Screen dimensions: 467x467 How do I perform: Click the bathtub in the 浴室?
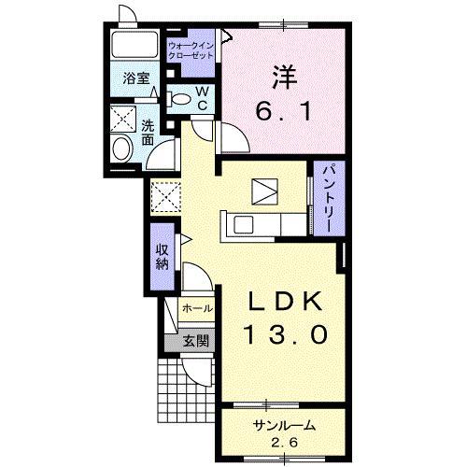(x=134, y=44)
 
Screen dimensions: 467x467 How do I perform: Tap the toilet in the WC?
(x=178, y=99)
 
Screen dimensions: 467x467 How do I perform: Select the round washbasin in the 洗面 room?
(x=122, y=149)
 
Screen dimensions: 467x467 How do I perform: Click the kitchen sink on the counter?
(x=244, y=225)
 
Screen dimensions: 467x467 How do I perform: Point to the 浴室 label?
(x=136, y=78)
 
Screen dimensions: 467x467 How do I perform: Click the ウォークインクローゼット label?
(x=191, y=50)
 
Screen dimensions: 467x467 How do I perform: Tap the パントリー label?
(x=329, y=198)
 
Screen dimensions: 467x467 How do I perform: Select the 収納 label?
(x=163, y=257)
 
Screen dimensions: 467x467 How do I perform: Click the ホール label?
(x=197, y=308)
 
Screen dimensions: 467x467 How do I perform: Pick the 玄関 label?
(x=195, y=342)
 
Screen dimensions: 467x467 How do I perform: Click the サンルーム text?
(x=284, y=425)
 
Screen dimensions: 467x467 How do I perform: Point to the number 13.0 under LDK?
(x=287, y=334)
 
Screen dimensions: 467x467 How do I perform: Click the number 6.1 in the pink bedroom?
(x=284, y=112)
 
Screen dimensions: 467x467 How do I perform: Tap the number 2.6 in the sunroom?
(x=284, y=443)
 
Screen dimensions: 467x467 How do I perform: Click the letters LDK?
(x=284, y=302)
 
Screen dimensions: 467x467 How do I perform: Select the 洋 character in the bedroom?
(x=285, y=78)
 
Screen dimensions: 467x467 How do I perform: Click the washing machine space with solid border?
(x=123, y=119)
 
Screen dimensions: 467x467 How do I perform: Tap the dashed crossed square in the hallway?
(x=165, y=197)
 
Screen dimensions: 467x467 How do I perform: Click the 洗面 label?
(x=148, y=133)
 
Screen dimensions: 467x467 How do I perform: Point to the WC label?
(x=203, y=98)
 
